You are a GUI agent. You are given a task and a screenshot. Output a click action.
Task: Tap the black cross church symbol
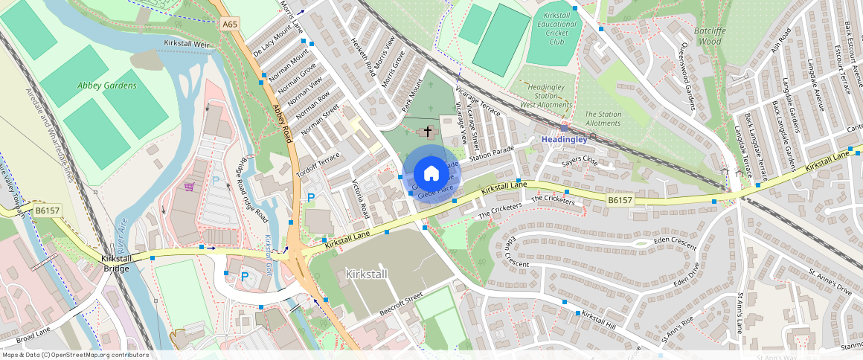pos(428,131)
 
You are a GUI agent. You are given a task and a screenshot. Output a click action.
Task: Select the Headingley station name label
pos(564,139)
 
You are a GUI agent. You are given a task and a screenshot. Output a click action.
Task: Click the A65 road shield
pos(230,25)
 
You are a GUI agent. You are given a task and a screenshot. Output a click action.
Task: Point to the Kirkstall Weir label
pos(189,44)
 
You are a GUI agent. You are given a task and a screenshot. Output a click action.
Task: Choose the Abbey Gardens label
pos(107,86)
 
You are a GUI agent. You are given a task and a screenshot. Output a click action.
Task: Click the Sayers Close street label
pos(580,160)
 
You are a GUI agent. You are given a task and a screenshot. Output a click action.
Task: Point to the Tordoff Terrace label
pos(318,159)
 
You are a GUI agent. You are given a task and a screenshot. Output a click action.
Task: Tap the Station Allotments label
pos(603,118)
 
